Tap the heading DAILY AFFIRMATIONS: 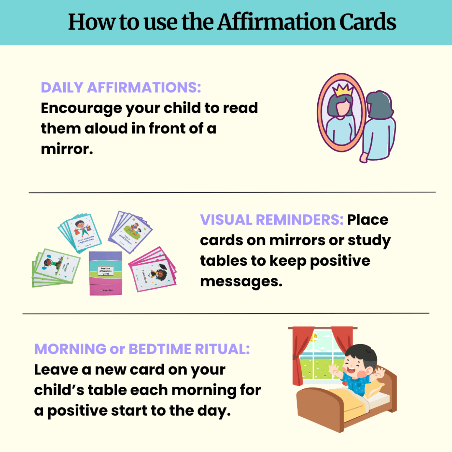(x=121, y=88)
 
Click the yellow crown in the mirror (x=343, y=89)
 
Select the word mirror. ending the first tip (x=67, y=149)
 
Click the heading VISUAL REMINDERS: (x=272, y=220)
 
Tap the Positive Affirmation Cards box (x=106, y=273)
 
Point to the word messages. (x=241, y=282)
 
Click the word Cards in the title (x=368, y=22)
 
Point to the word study (x=369, y=241)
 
